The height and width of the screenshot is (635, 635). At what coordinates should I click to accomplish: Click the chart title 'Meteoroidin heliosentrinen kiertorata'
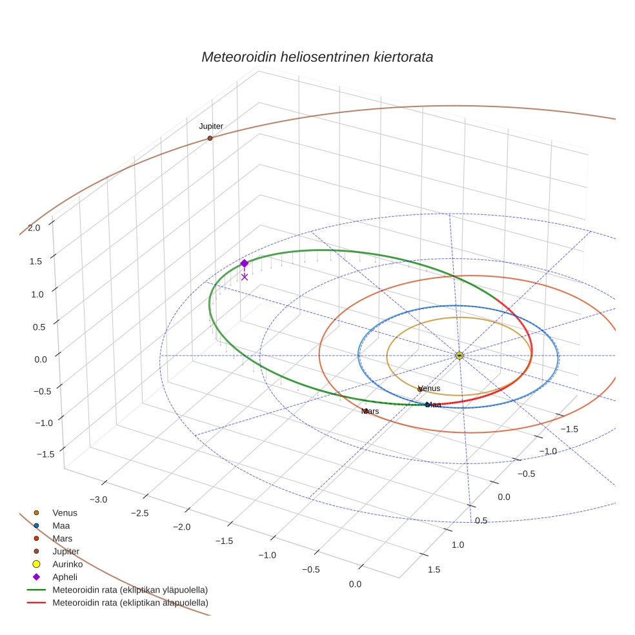(x=317, y=57)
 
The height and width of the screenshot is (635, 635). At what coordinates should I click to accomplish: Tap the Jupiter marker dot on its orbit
(x=210, y=138)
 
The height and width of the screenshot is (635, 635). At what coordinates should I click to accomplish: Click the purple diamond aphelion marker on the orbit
(x=245, y=263)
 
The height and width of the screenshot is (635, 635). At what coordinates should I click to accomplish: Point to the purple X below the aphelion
(x=245, y=277)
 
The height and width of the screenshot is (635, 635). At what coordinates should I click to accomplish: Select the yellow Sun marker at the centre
(x=459, y=356)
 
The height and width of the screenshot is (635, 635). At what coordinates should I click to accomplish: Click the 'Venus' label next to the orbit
(x=429, y=388)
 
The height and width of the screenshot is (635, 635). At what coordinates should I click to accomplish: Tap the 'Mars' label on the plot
(x=370, y=411)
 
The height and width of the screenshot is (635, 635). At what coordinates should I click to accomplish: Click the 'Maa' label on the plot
(x=434, y=405)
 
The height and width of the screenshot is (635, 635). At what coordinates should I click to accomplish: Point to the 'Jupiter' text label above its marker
(x=211, y=126)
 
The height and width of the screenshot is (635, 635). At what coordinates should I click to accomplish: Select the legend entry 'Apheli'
(x=65, y=577)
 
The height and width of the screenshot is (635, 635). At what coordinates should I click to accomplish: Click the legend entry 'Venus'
(x=65, y=513)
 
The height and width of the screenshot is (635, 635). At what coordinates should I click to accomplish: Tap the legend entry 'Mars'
(x=63, y=538)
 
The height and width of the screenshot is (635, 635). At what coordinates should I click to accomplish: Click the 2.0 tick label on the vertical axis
(x=34, y=227)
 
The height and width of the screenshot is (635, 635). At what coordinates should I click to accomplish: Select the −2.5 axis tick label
(x=139, y=513)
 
